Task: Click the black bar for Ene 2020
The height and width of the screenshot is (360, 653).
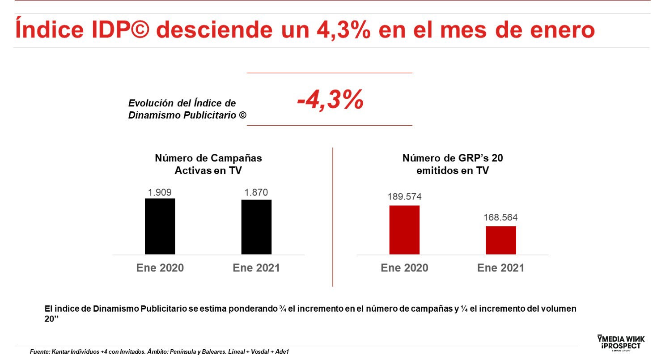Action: click(x=160, y=226)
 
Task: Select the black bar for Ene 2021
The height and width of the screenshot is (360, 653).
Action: click(x=256, y=227)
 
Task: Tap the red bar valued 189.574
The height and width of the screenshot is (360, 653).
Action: click(x=404, y=230)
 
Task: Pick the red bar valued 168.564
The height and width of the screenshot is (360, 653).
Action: click(x=501, y=240)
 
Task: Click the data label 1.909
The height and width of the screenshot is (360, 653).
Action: click(x=160, y=192)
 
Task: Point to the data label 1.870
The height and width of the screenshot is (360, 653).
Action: click(x=256, y=193)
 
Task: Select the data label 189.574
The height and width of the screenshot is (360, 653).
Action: click(x=404, y=197)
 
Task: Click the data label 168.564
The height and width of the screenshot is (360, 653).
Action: click(x=500, y=218)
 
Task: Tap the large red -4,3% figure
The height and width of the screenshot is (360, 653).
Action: click(x=330, y=100)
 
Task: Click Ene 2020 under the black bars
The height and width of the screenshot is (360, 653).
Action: click(x=160, y=268)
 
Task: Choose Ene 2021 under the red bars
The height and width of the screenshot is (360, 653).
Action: click(x=500, y=268)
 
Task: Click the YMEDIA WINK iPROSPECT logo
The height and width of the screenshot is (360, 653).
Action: click(x=619, y=343)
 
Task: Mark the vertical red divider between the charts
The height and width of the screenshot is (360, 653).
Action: click(x=333, y=217)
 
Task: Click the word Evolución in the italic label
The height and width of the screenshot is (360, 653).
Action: click(x=150, y=103)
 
